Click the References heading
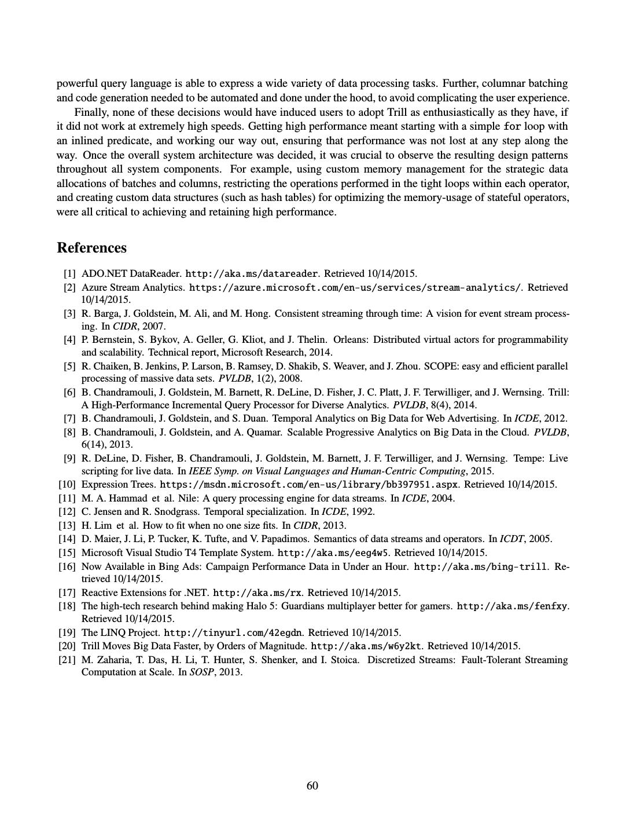[x=91, y=248]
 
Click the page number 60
[x=312, y=785]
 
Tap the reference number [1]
[x=69, y=274]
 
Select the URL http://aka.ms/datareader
[x=252, y=274]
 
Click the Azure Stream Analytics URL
[x=355, y=288]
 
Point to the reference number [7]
[x=69, y=418]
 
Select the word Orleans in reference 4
[x=350, y=339]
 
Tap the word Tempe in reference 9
[x=528, y=458]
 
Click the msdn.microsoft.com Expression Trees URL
[x=309, y=485]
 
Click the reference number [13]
[x=67, y=525]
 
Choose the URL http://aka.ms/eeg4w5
[x=333, y=553]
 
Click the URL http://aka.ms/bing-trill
[x=480, y=566]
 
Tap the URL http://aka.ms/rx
[x=257, y=592]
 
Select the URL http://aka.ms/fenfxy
[x=512, y=606]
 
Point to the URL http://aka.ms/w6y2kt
[x=366, y=646]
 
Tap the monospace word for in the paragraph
[x=512, y=127]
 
